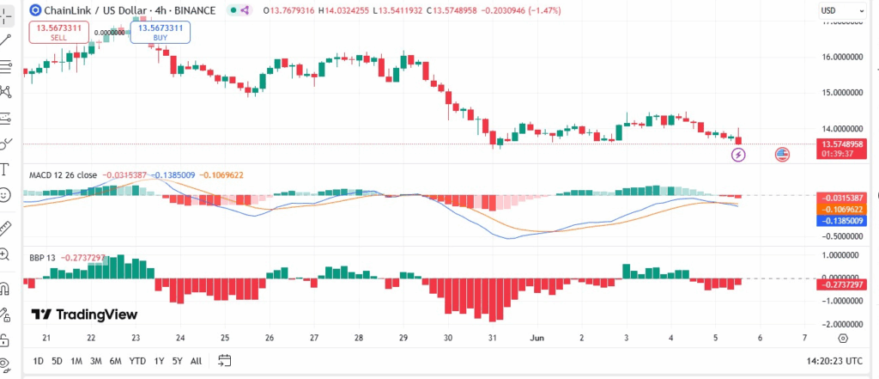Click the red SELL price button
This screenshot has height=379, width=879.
tap(58, 33)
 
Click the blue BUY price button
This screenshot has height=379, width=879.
tap(160, 33)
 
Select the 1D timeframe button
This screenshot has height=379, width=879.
tap(38, 361)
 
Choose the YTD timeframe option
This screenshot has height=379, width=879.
tap(137, 361)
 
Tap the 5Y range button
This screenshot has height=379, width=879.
tap(177, 361)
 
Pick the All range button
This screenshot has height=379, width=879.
tap(197, 361)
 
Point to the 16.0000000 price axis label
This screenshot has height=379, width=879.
tap(841, 57)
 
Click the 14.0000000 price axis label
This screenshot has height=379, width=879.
tap(841, 127)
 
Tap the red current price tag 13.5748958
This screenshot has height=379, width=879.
tap(841, 144)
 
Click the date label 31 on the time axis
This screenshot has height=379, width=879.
tap(491, 338)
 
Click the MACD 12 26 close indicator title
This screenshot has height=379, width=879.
tap(62, 174)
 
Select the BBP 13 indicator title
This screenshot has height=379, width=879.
tap(43, 257)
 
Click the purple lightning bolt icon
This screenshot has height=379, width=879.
tap(738, 155)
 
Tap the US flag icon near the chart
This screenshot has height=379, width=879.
tap(782, 155)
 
